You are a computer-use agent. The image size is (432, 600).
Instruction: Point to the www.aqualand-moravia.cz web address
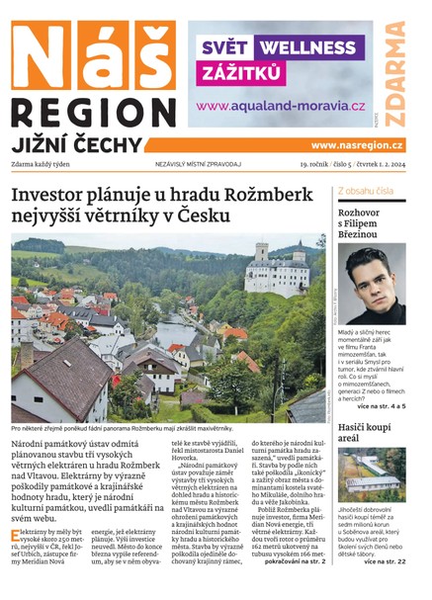(281, 106)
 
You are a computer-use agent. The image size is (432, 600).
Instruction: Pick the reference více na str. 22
(385, 562)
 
